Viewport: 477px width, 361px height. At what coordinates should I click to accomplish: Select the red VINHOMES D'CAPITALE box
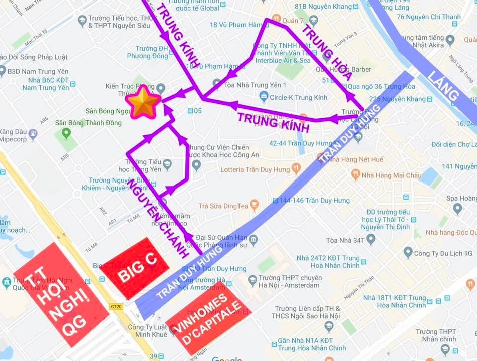pos(207,317)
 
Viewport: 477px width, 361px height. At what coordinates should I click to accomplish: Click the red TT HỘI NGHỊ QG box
pos(61,294)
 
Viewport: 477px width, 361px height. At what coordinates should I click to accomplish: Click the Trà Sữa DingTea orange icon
pos(254,205)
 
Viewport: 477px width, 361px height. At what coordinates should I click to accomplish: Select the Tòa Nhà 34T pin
pos(371,239)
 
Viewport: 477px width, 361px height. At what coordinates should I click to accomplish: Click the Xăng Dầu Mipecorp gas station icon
pos(33,133)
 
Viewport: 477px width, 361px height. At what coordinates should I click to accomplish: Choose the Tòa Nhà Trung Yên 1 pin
pos(217,84)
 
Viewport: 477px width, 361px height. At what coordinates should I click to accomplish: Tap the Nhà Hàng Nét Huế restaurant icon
pos(331,159)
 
